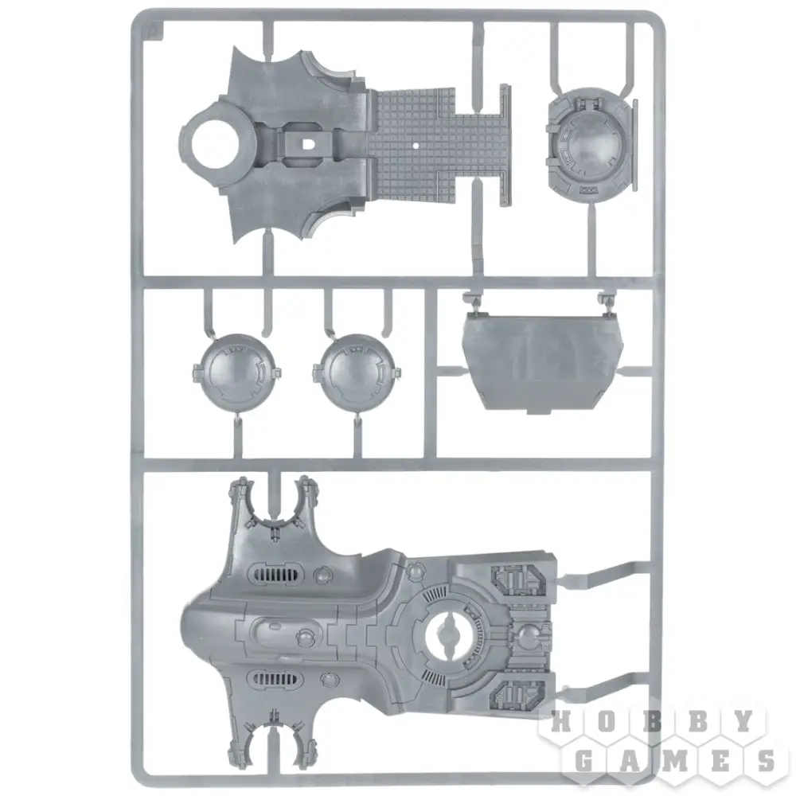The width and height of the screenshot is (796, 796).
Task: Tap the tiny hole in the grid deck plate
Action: [416, 145]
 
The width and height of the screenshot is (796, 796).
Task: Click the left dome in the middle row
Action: [236, 372]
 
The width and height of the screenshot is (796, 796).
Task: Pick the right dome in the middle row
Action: [355, 372]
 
